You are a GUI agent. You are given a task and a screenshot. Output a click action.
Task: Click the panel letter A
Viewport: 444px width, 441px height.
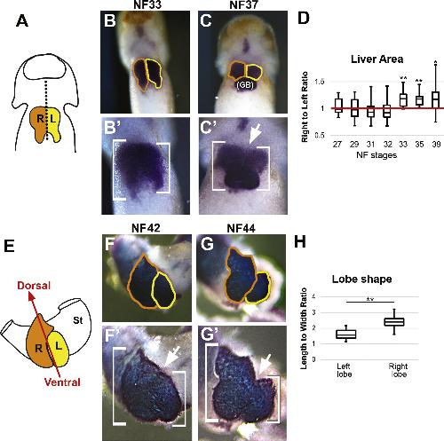coord(22,21)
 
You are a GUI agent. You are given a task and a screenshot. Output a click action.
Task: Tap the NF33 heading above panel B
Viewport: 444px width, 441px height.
coord(147,4)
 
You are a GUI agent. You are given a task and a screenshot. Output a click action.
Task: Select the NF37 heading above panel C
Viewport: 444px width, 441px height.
coord(243,4)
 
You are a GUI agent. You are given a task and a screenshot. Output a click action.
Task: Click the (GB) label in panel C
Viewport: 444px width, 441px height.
coord(245,85)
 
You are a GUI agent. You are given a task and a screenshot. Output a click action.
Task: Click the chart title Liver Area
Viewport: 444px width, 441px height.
coord(377,59)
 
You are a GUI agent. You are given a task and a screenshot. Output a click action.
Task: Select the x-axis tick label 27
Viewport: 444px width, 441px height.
coord(337,145)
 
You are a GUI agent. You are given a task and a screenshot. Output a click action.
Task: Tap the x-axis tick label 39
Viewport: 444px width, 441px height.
coord(436,145)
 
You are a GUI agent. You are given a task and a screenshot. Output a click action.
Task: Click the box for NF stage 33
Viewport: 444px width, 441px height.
coord(403,99)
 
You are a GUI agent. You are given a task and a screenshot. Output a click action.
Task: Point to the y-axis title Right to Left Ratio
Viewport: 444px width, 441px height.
coord(305,106)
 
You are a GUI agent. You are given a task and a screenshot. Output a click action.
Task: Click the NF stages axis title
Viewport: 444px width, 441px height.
coord(377,155)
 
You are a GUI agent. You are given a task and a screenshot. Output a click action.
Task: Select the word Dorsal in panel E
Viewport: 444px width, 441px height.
coord(34,286)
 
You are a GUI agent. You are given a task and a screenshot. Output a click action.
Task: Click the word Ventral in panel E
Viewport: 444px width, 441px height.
coord(62,382)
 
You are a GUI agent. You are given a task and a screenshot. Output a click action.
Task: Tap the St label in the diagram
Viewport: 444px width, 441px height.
coord(77,320)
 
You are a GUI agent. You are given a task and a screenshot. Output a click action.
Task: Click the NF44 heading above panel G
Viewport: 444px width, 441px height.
coord(241,228)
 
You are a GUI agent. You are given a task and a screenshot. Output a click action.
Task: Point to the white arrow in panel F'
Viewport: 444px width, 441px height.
coord(172,358)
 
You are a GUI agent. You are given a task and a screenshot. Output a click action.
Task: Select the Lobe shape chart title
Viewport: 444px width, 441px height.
coord(361,279)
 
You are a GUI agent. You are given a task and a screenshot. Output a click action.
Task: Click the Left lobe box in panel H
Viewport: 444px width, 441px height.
coord(346,335)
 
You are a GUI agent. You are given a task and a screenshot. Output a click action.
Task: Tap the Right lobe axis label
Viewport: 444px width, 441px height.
coord(398,370)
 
